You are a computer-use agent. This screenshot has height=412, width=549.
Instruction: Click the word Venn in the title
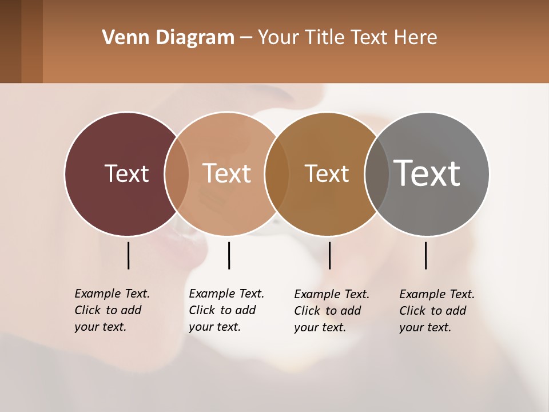coord(120,38)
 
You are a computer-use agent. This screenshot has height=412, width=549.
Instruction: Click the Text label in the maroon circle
coord(126,173)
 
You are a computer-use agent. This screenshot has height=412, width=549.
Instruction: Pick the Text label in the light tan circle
coord(226,173)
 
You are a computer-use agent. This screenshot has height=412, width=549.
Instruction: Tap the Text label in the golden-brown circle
coord(327,173)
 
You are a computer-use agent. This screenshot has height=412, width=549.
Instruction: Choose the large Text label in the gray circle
coord(427,173)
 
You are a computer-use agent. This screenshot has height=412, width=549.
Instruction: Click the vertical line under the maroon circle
coord(128,255)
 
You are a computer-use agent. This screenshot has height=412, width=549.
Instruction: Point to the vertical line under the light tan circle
coord(229,255)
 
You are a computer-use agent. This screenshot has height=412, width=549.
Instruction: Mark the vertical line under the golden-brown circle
coord(329,255)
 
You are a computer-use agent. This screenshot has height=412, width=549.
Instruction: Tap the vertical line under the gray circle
coord(425,255)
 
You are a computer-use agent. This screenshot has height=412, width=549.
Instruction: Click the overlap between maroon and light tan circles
coord(177,173)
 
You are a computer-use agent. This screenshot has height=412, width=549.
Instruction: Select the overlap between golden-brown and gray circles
coord(377,173)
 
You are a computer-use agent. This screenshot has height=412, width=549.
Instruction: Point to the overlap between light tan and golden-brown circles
coord(277,173)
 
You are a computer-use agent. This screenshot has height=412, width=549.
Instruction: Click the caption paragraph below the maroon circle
coord(112,310)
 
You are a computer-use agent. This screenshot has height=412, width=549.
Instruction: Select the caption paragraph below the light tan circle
coord(226,310)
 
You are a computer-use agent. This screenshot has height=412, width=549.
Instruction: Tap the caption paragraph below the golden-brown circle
coord(331,311)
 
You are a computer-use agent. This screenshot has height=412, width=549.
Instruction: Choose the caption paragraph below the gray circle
coord(436,311)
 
